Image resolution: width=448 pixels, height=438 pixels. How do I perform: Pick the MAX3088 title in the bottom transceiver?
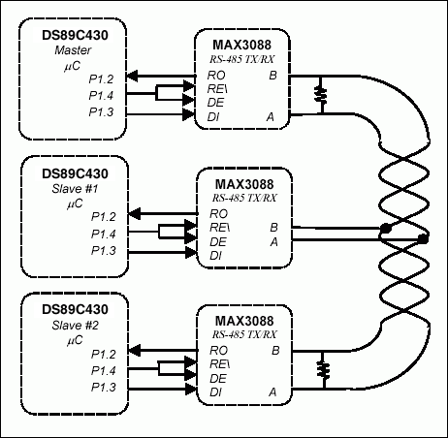click(241, 319)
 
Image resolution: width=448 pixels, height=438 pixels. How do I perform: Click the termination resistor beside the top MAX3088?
click(319, 95)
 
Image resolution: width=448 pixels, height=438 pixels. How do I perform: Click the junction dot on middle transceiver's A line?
click(422, 239)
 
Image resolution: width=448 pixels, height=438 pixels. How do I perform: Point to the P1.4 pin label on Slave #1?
click(104, 234)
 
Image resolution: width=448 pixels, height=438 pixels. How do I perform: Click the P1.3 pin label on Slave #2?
click(104, 387)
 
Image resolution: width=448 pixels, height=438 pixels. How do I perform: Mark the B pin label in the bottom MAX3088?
click(275, 349)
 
